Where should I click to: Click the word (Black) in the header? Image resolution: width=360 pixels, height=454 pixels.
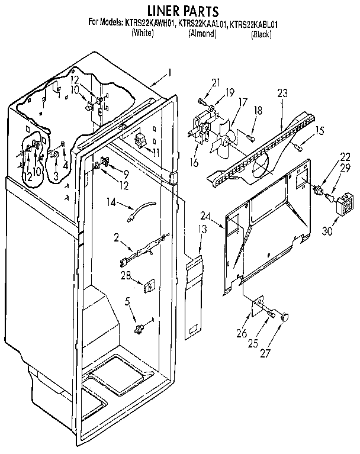[x=261, y=34]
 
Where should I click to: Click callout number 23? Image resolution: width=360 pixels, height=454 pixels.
[x=282, y=92]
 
